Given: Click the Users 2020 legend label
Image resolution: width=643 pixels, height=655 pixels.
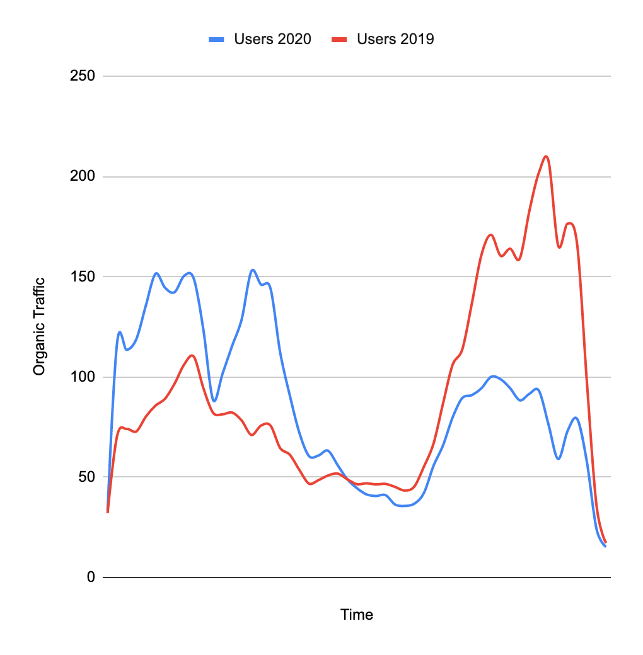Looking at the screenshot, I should click(272, 39).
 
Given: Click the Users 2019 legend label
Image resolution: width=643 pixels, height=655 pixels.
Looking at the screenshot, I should click(395, 39).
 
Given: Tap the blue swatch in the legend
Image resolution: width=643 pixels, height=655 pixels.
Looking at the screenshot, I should click(217, 39).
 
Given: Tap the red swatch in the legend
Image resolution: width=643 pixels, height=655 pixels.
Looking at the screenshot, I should click(340, 39).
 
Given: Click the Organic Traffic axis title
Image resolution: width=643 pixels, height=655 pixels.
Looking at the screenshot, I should click(39, 326).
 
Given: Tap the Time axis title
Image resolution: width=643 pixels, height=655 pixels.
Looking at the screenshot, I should click(357, 615).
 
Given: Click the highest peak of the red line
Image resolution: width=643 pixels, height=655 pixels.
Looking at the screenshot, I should click(546, 156).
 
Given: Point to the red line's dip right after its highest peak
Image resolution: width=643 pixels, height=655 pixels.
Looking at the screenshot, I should click(559, 247).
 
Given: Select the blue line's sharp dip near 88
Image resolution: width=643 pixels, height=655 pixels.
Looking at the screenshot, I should click(214, 401).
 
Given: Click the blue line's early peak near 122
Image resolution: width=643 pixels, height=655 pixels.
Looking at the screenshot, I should click(119, 332).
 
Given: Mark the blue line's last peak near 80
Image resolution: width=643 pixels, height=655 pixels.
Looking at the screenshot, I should click(576, 418).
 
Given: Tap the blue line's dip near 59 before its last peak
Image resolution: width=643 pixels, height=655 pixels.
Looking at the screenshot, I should click(559, 458).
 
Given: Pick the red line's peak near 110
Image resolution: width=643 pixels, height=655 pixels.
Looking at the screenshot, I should click(192, 356).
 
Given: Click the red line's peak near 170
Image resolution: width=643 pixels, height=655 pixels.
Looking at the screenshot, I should click(490, 235).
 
